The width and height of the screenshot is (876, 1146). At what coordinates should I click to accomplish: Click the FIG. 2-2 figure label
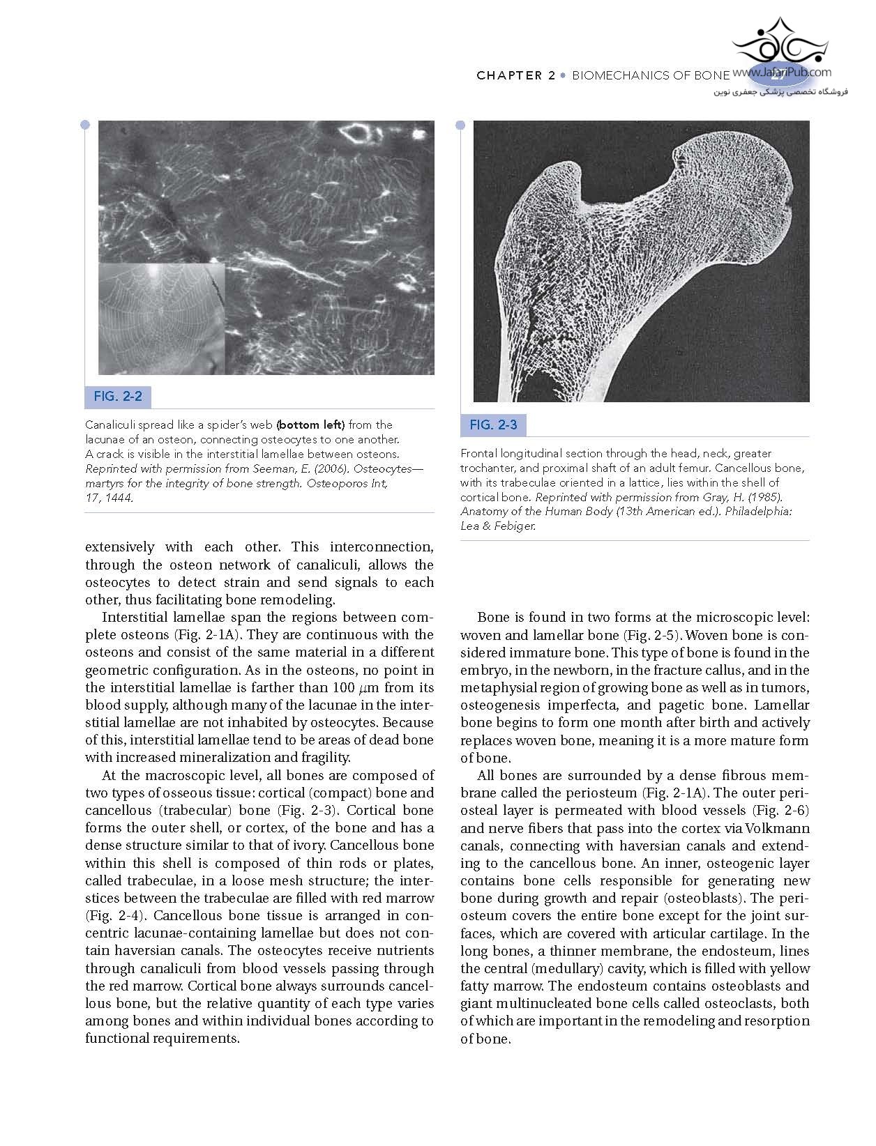pyautogui.click(x=118, y=397)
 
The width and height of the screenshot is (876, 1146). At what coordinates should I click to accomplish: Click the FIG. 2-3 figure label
pyautogui.click(x=493, y=425)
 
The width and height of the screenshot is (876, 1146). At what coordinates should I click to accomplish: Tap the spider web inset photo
pyautogui.click(x=161, y=319)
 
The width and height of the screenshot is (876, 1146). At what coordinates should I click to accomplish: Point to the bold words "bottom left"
pyautogui.click(x=310, y=425)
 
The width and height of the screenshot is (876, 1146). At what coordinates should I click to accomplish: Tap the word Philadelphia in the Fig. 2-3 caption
pyautogui.click(x=757, y=511)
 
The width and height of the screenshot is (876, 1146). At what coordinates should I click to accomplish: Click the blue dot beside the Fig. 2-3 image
pyautogui.click(x=460, y=125)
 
